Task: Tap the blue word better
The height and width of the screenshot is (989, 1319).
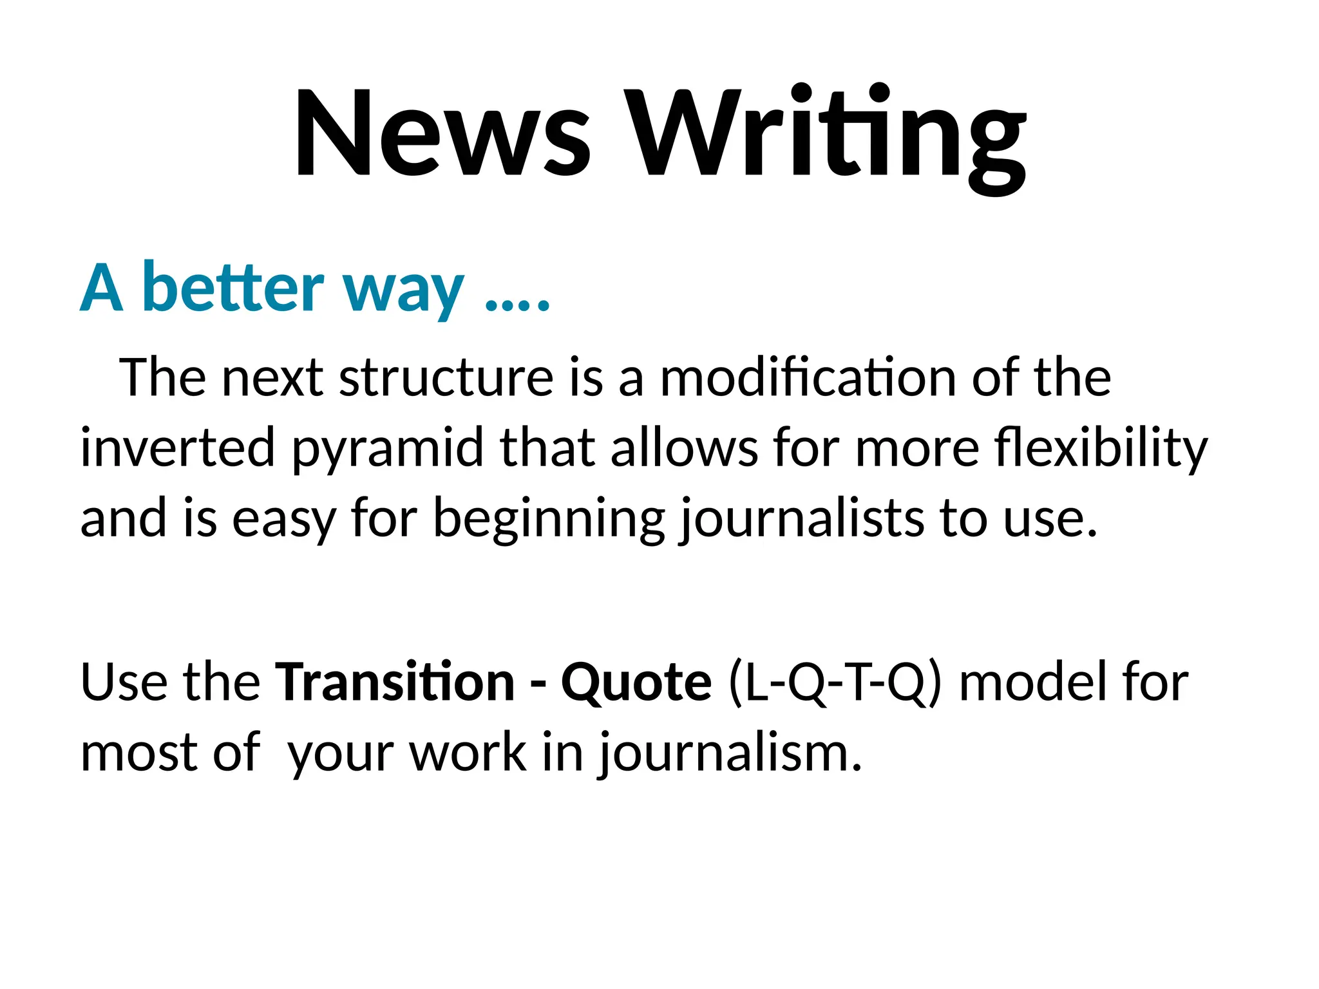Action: [x=232, y=288]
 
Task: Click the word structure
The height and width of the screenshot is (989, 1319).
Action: [x=446, y=378]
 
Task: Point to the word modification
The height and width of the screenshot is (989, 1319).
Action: [x=808, y=378]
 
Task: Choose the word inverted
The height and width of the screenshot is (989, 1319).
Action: [x=178, y=447]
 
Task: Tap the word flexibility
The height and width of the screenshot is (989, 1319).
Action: [x=1101, y=449]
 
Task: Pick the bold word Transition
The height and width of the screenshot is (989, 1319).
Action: [x=395, y=682]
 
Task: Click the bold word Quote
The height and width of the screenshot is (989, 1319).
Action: [x=636, y=683]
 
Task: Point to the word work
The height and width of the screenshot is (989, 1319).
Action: [x=468, y=752]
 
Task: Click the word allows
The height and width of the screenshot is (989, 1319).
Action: [x=684, y=447]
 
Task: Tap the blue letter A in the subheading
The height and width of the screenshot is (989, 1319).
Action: [x=102, y=288]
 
